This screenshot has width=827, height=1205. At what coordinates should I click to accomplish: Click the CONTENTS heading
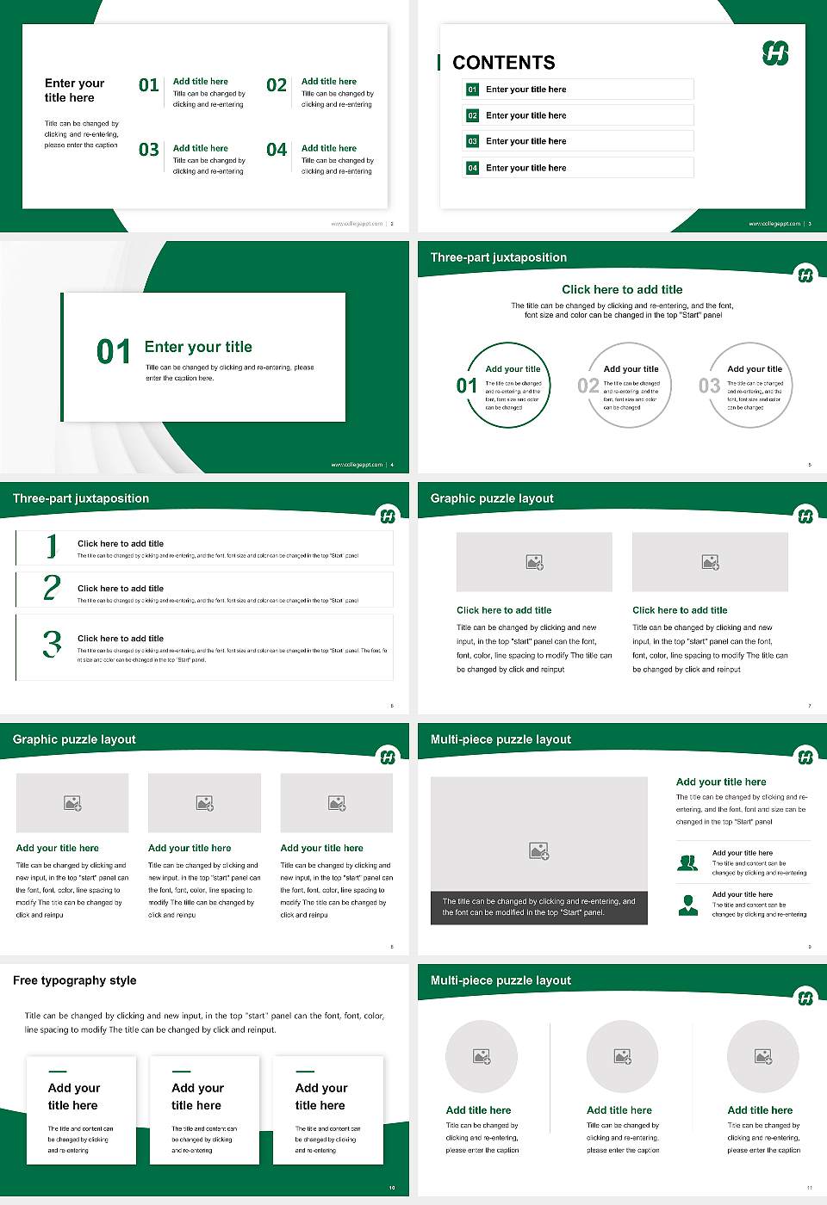(504, 63)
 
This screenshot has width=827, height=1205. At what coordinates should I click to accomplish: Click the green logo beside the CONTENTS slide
(775, 53)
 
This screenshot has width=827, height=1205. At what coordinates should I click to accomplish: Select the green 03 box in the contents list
(472, 141)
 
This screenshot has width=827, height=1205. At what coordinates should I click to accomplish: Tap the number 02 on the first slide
(277, 85)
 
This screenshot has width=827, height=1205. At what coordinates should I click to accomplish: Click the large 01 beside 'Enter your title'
(114, 351)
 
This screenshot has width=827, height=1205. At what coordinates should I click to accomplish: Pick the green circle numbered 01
(508, 385)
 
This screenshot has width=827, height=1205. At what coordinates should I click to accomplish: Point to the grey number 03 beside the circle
(709, 386)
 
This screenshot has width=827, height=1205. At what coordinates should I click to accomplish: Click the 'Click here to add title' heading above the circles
(622, 290)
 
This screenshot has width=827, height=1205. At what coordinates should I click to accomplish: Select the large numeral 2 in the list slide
(52, 588)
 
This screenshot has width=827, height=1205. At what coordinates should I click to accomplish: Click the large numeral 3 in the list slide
(52, 644)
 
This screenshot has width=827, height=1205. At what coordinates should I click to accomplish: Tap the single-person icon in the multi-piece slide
(688, 905)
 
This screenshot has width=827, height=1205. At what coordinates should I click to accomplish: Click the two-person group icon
(688, 862)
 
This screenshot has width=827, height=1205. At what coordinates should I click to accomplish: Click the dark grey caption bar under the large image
(538, 907)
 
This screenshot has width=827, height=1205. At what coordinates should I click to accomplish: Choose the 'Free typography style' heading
(75, 980)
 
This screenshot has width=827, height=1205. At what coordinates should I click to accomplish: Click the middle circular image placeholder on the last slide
(622, 1056)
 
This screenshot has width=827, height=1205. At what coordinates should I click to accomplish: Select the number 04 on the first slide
(277, 151)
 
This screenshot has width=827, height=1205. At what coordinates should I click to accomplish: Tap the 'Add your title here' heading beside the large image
(721, 782)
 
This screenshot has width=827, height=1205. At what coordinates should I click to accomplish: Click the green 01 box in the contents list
(472, 90)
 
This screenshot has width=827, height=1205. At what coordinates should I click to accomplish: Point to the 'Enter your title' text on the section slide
(198, 347)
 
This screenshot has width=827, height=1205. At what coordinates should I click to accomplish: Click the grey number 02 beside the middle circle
(588, 386)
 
